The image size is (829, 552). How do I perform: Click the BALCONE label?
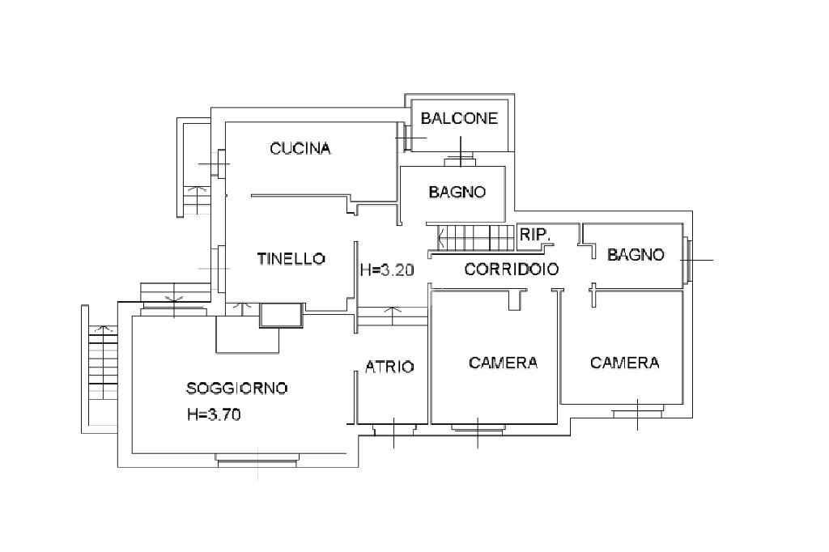coord(459,118)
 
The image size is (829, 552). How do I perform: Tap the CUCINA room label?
coord(300,148)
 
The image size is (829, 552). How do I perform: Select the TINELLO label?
coord(291,259)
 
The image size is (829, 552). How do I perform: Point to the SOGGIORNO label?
coord(237,389)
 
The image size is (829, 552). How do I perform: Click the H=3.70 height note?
coord(214,415)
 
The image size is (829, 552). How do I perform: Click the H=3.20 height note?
coord(387,270)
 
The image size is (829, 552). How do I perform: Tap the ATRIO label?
coord(389,367)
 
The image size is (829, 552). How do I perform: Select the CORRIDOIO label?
coord(511,270)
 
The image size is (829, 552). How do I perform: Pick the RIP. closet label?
coord(535,234)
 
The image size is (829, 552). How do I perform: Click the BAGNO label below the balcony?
coord(457,192)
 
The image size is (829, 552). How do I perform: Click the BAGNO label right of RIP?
coord(636,254)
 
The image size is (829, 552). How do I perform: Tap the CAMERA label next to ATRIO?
coord(503,363)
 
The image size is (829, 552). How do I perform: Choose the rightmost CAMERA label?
coord(624,363)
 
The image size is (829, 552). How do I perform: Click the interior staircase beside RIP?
coord(477,238)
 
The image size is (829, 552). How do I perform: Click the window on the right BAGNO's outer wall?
coord(687,261)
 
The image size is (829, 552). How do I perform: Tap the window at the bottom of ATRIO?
coord(393,427)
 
